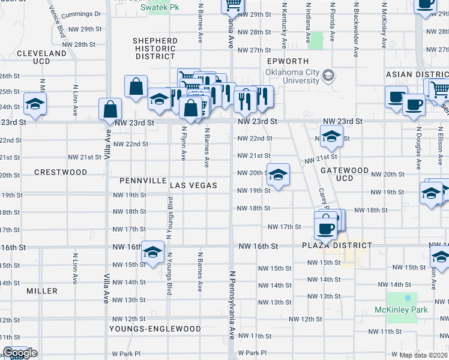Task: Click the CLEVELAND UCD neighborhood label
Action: coord(41,58)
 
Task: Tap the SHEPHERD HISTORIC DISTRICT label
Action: coord(155,49)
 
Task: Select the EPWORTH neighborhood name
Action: coord(288,61)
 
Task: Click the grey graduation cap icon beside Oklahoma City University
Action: coord(328,76)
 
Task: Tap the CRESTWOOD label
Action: coord(61,172)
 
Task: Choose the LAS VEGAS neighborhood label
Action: coord(193,185)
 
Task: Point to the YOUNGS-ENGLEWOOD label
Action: coord(155,329)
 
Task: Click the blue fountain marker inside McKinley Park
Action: coord(408,298)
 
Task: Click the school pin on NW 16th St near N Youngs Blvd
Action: coord(153,253)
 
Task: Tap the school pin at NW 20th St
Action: coord(278,175)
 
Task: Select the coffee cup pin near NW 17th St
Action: coord(325,227)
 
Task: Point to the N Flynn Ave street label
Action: coord(184,143)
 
